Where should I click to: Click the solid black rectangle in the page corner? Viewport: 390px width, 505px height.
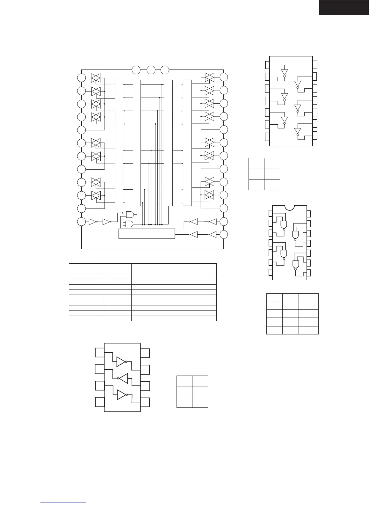[x=344, y=7]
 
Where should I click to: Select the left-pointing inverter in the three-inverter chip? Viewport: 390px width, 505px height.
[x=124, y=378]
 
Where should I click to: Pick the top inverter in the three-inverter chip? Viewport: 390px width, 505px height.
[x=121, y=362]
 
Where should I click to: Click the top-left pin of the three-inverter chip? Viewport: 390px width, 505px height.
[x=100, y=352]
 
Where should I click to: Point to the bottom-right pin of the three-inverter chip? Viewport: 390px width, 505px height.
[x=145, y=402]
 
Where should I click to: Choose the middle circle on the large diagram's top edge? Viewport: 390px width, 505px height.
[x=151, y=70]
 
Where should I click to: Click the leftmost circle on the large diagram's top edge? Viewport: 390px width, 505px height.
[x=136, y=70]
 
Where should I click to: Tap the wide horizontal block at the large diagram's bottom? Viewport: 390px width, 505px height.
[x=147, y=233]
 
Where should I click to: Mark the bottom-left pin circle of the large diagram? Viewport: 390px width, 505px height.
[x=82, y=222]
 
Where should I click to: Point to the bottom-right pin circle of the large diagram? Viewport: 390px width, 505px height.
[x=224, y=235]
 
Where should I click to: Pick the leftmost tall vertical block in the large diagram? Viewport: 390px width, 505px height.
[x=119, y=143]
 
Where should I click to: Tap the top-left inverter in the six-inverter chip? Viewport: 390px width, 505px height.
[x=284, y=72]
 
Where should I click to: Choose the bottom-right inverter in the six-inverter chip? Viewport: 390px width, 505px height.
[x=298, y=131]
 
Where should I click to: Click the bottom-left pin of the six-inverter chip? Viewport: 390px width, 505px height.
[x=267, y=137]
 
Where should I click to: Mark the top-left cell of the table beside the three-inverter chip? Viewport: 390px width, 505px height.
[x=184, y=381]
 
